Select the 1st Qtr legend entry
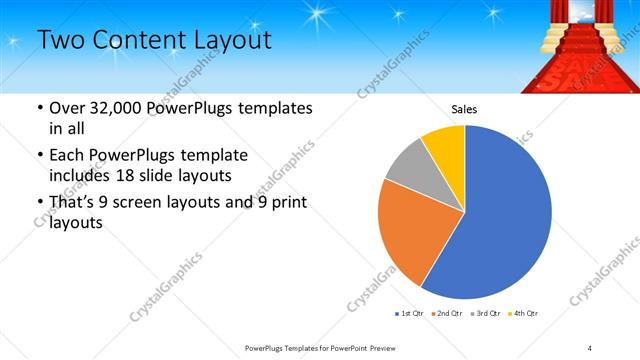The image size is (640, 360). click(410, 314)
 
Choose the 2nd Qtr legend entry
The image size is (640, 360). click(447, 314)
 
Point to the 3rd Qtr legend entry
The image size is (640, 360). click(485, 314)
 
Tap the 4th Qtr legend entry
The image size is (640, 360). click(523, 314)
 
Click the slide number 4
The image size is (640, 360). click(589, 346)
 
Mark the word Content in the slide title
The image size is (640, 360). click(140, 41)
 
